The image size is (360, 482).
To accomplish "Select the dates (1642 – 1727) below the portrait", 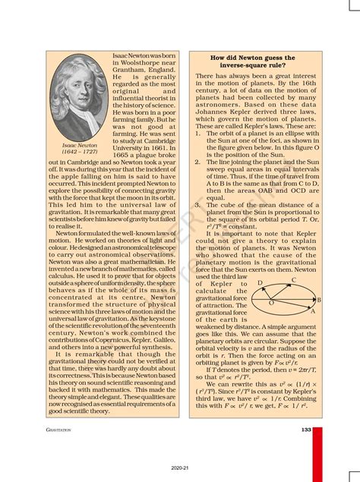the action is point(80,152).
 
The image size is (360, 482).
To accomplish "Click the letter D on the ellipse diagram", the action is point(261,282).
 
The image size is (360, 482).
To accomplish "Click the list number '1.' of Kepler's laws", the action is point(198,133).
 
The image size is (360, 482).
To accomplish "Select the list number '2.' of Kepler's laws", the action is point(198,162).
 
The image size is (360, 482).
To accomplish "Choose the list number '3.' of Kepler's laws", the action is point(198,204).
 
